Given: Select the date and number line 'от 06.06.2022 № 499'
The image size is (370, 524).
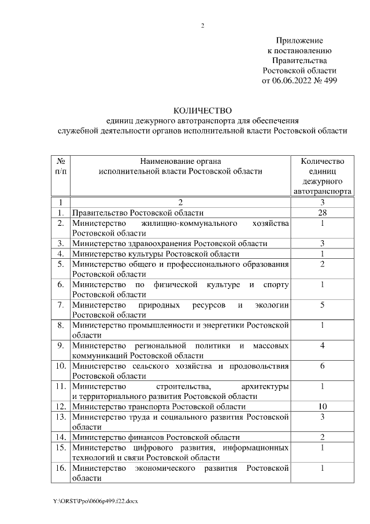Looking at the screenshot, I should tap(299, 80).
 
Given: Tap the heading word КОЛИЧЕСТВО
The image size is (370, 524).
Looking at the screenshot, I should tap(202, 111).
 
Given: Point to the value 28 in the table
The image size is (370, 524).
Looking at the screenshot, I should tap(323, 212).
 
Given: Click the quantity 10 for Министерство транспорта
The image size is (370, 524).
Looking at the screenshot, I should tap(323, 406).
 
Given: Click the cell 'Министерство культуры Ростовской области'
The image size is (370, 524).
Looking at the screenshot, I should tap(156, 254).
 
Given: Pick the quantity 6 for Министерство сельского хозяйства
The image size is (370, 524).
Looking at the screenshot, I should tap(323, 366).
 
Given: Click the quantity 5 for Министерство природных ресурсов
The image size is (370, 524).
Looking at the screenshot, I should tap(323, 305).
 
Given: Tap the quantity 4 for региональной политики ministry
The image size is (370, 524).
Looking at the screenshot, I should tap(323, 345).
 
